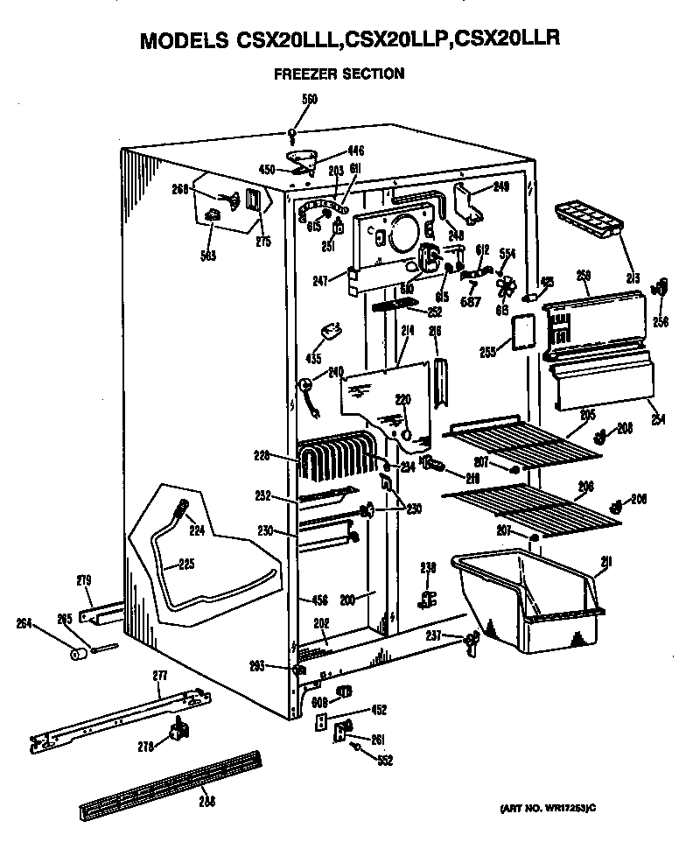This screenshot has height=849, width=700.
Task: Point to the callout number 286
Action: tap(206, 799)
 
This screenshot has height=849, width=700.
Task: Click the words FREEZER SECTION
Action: tap(339, 74)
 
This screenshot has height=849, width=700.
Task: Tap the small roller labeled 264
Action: tap(77, 652)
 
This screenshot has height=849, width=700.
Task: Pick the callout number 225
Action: tap(185, 565)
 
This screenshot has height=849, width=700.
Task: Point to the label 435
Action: tap(313, 359)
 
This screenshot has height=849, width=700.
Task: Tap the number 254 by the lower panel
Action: tap(657, 419)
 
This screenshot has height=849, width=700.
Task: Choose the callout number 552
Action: tap(383, 761)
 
